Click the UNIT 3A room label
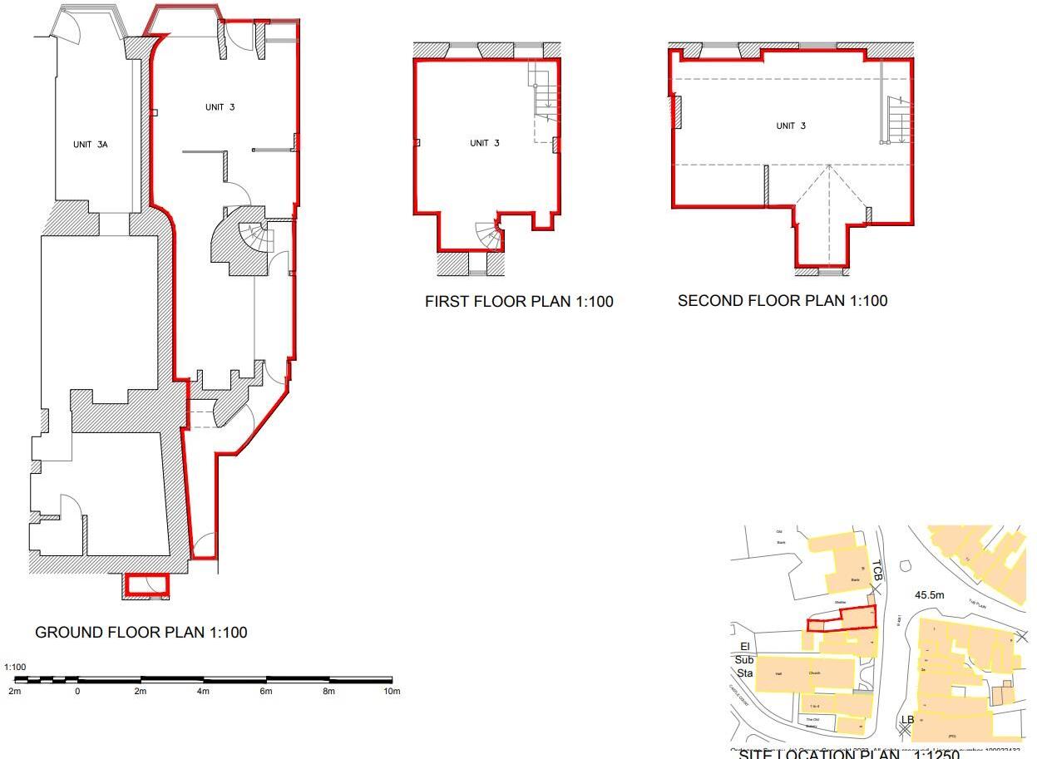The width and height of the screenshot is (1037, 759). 90,145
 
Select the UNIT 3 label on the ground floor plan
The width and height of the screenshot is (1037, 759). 220,107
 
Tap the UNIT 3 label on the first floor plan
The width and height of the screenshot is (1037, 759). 484,143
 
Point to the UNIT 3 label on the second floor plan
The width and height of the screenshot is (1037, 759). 790,126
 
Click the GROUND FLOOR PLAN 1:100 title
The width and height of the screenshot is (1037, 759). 141,633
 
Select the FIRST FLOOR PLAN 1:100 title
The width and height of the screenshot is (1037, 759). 518,302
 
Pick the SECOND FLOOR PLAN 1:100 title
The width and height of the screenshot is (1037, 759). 782,301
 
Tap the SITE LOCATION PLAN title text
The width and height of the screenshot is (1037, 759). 848,754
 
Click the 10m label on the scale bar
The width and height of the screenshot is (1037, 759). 392,692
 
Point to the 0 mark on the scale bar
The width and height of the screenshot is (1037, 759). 77,692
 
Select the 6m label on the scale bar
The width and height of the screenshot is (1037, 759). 266,692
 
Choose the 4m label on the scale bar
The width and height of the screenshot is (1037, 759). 203,692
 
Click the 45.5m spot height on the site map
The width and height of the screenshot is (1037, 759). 929,595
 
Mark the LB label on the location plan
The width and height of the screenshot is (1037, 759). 907,719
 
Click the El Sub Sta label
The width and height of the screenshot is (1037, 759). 744,660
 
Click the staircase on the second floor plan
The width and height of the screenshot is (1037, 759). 898,120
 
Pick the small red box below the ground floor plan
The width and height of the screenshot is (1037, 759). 146,585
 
